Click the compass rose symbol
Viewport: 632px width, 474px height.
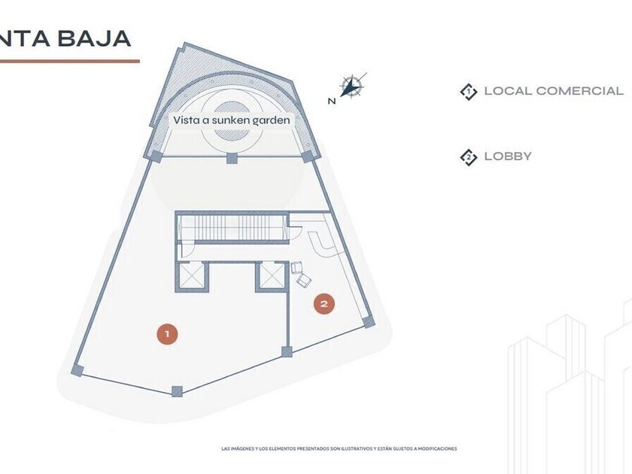[351, 87]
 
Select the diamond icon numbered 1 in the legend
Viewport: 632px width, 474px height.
[469, 92]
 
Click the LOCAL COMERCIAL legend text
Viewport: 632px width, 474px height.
[554, 91]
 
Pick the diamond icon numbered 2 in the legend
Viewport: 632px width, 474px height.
[469, 157]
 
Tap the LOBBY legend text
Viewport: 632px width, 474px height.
[508, 156]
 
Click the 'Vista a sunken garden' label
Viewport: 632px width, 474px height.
[231, 120]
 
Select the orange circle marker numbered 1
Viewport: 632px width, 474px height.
[167, 333]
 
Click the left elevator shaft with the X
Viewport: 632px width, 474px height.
[190, 276]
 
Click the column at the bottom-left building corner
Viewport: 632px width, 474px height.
[77, 369]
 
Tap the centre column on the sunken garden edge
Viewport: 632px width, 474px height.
[232, 157]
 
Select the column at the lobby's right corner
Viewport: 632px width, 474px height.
[368, 321]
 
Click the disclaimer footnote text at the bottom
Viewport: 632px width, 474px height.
[339, 449]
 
